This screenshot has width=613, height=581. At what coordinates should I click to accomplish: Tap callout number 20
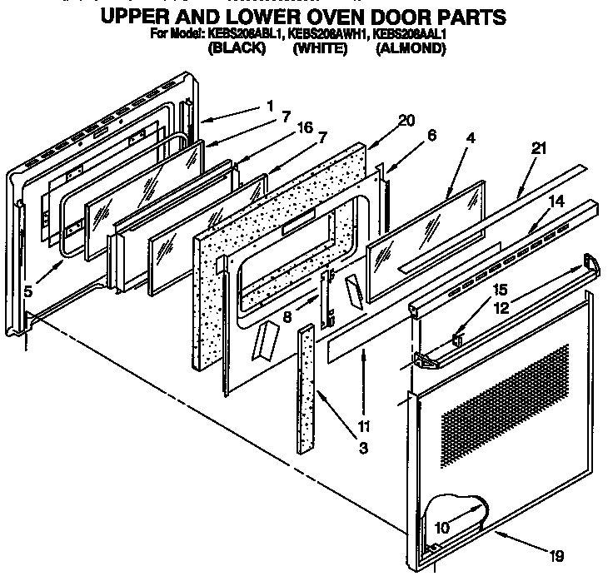pos(406,120)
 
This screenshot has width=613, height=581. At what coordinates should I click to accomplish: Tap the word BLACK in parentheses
pos(236,48)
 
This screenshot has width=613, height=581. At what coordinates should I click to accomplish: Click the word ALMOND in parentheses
pos(411,48)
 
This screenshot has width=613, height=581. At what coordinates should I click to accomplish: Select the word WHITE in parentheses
pos(320,48)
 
